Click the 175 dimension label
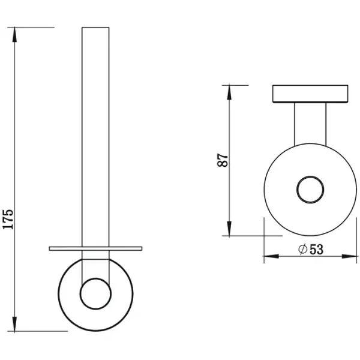tap(8, 219)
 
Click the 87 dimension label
tap(222, 160)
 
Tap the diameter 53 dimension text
tap(311, 249)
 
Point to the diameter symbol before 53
tap(303, 249)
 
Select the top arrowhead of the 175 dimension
tap(14, 35)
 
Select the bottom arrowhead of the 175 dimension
tap(14, 324)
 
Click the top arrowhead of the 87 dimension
tap(229, 92)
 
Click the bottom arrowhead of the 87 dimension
tap(229, 229)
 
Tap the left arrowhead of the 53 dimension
tap(271, 256)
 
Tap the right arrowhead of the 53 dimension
tap(349, 256)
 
